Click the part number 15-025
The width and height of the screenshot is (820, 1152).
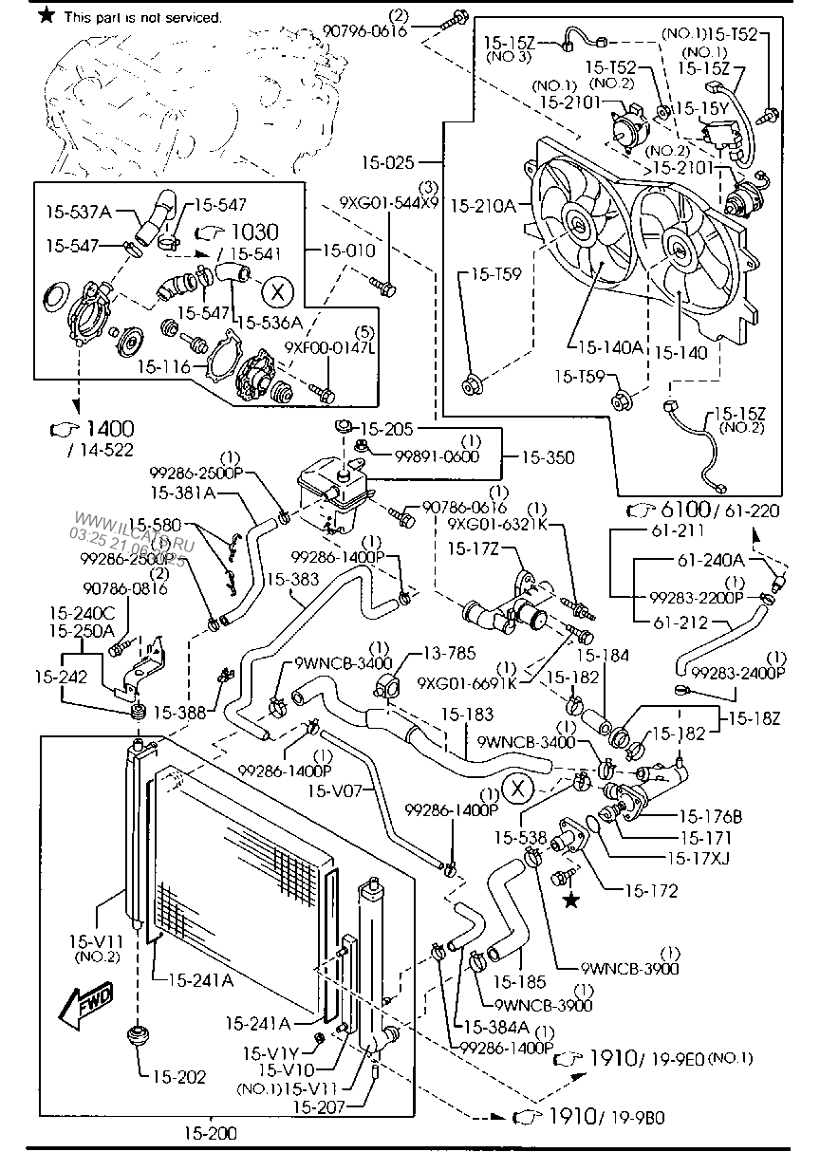(x=387, y=163)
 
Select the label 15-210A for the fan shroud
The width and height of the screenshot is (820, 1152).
(x=482, y=203)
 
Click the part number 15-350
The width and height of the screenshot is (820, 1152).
(x=548, y=456)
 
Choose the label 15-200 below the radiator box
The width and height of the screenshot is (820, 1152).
(x=210, y=1132)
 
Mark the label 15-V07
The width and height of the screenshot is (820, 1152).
(x=334, y=789)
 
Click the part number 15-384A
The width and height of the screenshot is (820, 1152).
(x=497, y=1028)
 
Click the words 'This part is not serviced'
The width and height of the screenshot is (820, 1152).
(x=143, y=17)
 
